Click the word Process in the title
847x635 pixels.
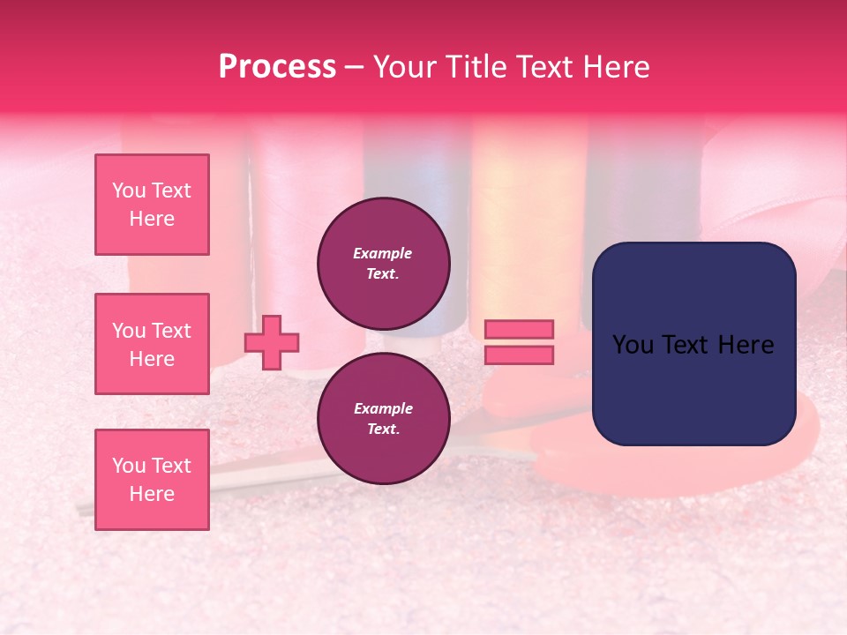(x=277, y=67)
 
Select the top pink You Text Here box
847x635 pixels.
(x=152, y=205)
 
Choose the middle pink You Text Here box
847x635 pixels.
(x=152, y=344)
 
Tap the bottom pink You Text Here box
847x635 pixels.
(x=152, y=480)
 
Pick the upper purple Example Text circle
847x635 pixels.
(x=383, y=263)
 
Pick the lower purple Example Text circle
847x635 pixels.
(x=383, y=419)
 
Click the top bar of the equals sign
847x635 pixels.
(x=520, y=329)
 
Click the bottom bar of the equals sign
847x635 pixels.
(x=520, y=355)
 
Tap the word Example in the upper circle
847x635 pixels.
(x=383, y=253)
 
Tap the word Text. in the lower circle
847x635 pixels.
(x=383, y=430)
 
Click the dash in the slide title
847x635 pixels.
(x=354, y=67)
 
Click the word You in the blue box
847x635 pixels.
(x=632, y=345)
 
